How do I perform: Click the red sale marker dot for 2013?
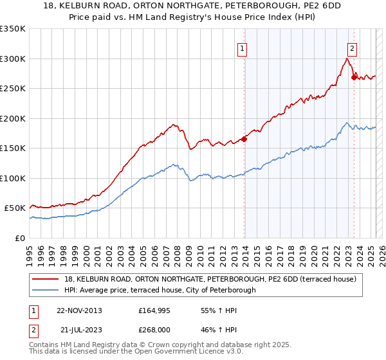click(244, 139)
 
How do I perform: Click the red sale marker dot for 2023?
click(354, 77)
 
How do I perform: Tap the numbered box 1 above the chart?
click(242, 47)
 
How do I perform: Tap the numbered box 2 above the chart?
click(352, 47)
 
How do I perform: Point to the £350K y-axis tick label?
click(13, 29)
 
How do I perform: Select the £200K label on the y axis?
click(13, 118)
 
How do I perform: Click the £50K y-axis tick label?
click(15, 208)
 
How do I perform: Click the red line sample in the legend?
click(46, 278)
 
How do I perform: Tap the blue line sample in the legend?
click(46, 290)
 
